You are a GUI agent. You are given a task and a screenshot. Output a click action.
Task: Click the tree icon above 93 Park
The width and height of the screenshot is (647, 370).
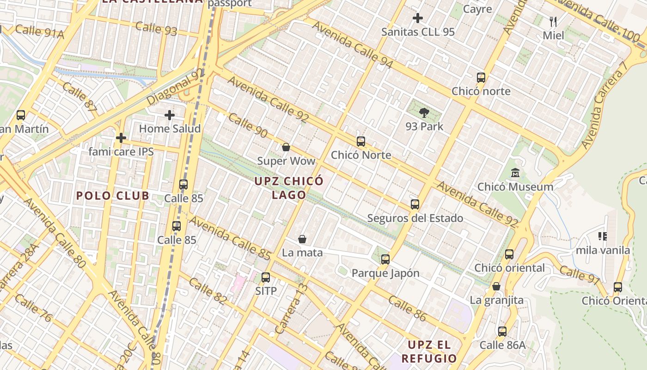click(x=424, y=112)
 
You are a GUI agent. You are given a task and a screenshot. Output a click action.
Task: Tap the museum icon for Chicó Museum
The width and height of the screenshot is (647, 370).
click(x=515, y=173)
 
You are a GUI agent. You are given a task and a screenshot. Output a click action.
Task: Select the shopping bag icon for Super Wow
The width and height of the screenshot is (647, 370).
click(x=286, y=148)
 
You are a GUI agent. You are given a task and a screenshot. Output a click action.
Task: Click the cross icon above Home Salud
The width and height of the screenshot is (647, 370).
click(x=170, y=115)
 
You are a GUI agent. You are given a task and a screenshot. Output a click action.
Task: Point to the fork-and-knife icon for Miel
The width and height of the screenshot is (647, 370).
click(x=553, y=21)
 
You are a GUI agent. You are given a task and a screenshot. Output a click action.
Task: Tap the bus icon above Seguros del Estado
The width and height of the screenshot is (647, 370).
click(x=415, y=204)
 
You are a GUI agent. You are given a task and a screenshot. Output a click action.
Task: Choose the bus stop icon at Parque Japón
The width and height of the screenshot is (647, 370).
click(x=385, y=259)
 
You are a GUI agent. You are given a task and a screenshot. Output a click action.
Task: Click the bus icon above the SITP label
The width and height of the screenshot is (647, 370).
click(x=266, y=277)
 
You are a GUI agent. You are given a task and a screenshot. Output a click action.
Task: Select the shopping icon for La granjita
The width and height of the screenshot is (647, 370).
click(x=496, y=286)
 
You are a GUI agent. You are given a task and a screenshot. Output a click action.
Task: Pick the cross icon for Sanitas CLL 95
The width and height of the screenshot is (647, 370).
click(x=418, y=18)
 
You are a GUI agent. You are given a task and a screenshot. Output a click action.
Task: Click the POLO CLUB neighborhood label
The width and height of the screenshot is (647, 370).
click(x=113, y=196)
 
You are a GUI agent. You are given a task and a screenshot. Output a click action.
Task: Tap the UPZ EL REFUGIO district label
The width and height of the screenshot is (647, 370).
click(x=429, y=351)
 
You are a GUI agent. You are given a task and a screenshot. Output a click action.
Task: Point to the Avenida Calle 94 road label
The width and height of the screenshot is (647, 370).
click(x=352, y=45)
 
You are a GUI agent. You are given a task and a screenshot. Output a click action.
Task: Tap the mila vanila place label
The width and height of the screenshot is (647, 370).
click(x=603, y=250)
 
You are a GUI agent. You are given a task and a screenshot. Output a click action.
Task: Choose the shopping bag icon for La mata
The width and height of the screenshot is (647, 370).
click(x=302, y=239)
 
